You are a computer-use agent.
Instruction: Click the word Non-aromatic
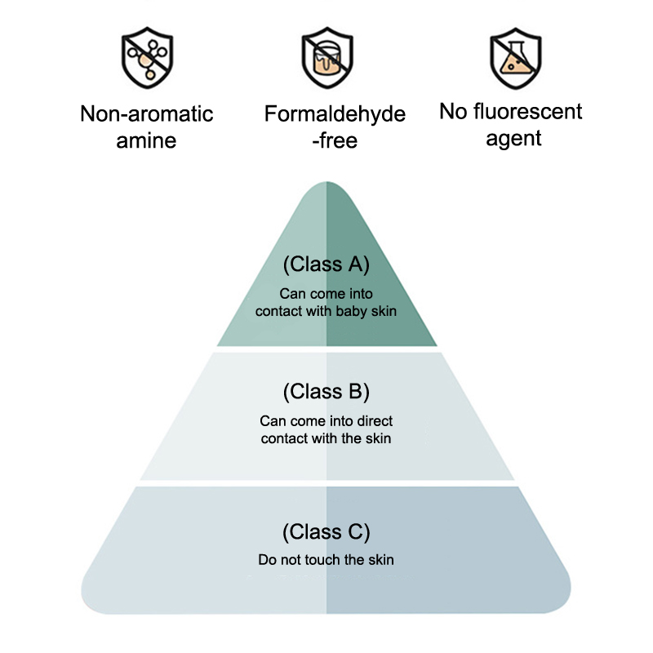pyautogui.click(x=147, y=113)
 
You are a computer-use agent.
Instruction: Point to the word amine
pyautogui.click(x=147, y=140)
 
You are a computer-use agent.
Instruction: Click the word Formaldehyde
pyautogui.click(x=335, y=114)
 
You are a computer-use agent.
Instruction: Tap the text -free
pyautogui.click(x=335, y=140)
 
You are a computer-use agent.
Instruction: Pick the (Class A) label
pyautogui.click(x=326, y=264)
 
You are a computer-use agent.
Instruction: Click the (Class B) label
pyautogui.click(x=326, y=392)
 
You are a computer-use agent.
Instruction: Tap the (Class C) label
pyautogui.click(x=326, y=533)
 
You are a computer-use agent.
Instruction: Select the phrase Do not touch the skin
pyautogui.click(x=326, y=560)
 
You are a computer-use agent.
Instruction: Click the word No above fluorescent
pyautogui.click(x=454, y=111)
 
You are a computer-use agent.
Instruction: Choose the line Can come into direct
pyautogui.click(x=326, y=421)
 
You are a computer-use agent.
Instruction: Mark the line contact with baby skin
pyautogui.click(x=326, y=311)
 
